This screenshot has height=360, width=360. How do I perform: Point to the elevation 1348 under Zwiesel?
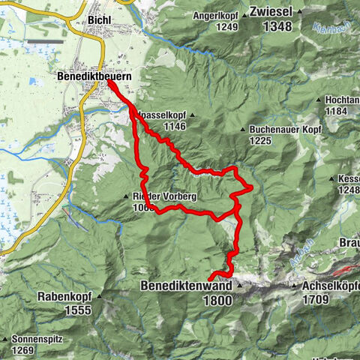tap(277, 27)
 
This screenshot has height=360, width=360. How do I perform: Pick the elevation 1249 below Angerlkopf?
tap(214, 27)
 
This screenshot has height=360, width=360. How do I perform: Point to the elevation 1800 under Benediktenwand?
tap(217, 299)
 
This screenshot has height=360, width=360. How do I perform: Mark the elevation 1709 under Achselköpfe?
tap(315, 299)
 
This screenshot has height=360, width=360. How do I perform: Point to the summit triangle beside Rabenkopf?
tap(97, 296)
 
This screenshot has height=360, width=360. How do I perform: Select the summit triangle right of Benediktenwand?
tap(239, 286)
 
